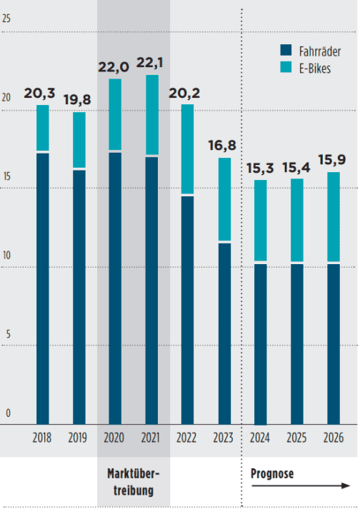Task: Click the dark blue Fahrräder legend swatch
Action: click(285, 51)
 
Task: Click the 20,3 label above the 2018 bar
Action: click(42, 94)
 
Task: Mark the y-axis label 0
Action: click(9, 413)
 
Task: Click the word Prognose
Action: click(272, 473)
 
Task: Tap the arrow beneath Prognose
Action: click(301, 486)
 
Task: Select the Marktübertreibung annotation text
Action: click(134, 481)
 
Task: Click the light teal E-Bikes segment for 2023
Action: click(224, 199)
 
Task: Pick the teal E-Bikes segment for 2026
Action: click(333, 217)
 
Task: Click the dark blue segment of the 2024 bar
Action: click(260, 343)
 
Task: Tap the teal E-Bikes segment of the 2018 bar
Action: click(42, 128)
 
